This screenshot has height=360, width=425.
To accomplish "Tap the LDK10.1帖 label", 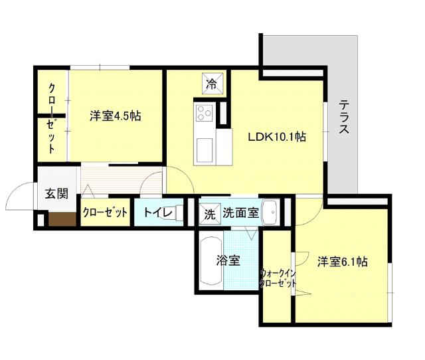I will pyautogui.click(x=277, y=137).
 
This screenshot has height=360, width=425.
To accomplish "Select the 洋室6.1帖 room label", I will pyautogui.click(x=342, y=262).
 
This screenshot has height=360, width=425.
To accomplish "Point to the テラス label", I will pyautogui.click(x=344, y=118).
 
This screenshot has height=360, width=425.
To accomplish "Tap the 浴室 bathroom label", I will pyautogui.click(x=228, y=261).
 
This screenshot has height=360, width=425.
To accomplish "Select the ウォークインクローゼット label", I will pyautogui.click(x=278, y=278).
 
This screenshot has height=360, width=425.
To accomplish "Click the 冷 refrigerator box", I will pyautogui.click(x=211, y=84).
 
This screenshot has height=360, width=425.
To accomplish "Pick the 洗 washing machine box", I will pyautogui.click(x=210, y=214).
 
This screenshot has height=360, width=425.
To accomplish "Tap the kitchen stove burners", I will pyautogui.click(x=203, y=114).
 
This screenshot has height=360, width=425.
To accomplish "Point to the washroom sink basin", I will pyautogui.click(x=271, y=213).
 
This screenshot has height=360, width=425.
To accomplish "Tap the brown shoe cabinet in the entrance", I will pyautogui.click(x=60, y=219).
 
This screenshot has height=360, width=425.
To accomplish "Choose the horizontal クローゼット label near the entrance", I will pyautogui.click(x=105, y=213).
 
